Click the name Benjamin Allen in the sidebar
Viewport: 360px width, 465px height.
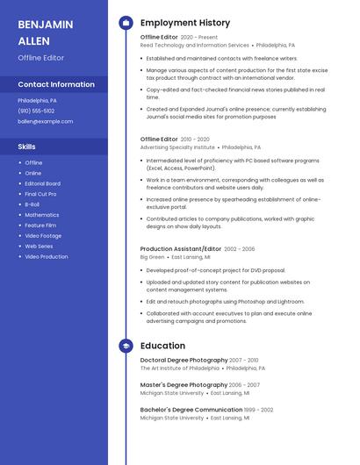[46, 32]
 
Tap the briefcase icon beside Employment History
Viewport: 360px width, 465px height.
[126, 23]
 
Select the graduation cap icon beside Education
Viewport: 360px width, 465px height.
[126, 346]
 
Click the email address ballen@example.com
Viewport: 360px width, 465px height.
[46, 121]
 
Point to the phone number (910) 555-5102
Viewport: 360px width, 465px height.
[36, 111]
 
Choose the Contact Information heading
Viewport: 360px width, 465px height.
[56, 84]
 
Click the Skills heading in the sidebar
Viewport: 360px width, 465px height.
[27, 147]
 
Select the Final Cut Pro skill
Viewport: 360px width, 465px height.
[40, 194]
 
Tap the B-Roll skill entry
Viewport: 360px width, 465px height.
[32, 204]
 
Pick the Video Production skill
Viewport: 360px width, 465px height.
[46, 257]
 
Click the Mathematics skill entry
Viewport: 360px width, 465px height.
[42, 215]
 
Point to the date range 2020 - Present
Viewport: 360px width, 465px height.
[199, 38]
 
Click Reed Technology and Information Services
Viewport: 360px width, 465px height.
[195, 45]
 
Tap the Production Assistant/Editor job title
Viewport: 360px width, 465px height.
[181, 249]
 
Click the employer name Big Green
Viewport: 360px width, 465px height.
[152, 257]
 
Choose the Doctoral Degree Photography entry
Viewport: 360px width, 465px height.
[184, 360]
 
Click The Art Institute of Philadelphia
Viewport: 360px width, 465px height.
[180, 368]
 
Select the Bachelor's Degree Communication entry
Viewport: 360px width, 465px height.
[191, 410]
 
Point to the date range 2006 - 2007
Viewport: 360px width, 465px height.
[245, 385]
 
